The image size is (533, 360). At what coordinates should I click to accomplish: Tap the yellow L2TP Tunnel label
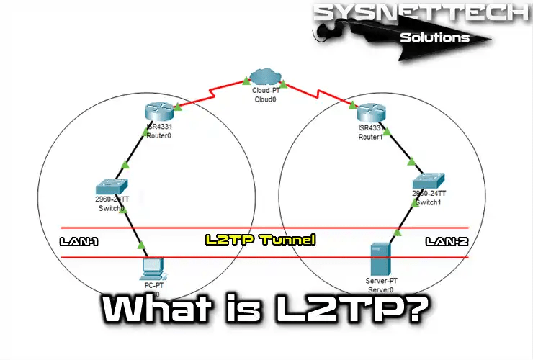pos(260,240)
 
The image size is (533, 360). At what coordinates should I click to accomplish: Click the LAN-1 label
pos(79,243)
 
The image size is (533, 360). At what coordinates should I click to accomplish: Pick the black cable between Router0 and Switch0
pos(135,156)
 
